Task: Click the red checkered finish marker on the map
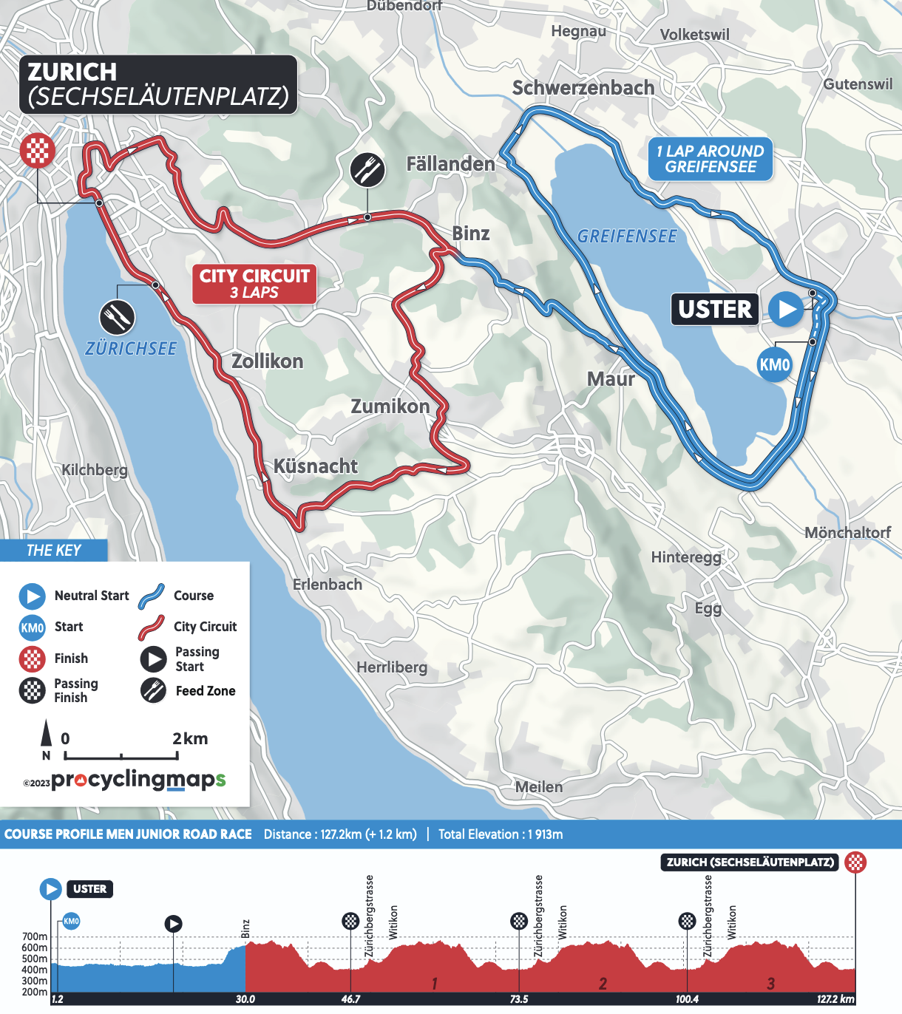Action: pos(37,151)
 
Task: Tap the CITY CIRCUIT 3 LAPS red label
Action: pos(254,284)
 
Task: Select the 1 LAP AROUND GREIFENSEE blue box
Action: pos(711,159)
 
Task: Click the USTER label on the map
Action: pos(715,309)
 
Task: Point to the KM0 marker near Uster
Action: pos(775,365)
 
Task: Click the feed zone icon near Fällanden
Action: pos(367,171)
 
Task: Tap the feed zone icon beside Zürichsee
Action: pos(117,318)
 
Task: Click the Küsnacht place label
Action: pos(316,466)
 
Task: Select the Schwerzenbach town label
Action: pos(583,88)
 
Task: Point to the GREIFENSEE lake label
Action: pos(627,237)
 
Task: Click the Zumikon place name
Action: pos(390,406)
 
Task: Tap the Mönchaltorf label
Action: pos(847,533)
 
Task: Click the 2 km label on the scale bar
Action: pos(190,738)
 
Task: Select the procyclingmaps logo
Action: pos(138,780)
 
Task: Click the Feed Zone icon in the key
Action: pos(153,690)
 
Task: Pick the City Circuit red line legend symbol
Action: pos(152,627)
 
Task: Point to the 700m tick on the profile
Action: pos(35,936)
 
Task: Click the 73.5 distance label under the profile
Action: pos(519,999)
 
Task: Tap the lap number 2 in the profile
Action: pos(603,984)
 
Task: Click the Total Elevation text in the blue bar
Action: pos(501,834)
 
